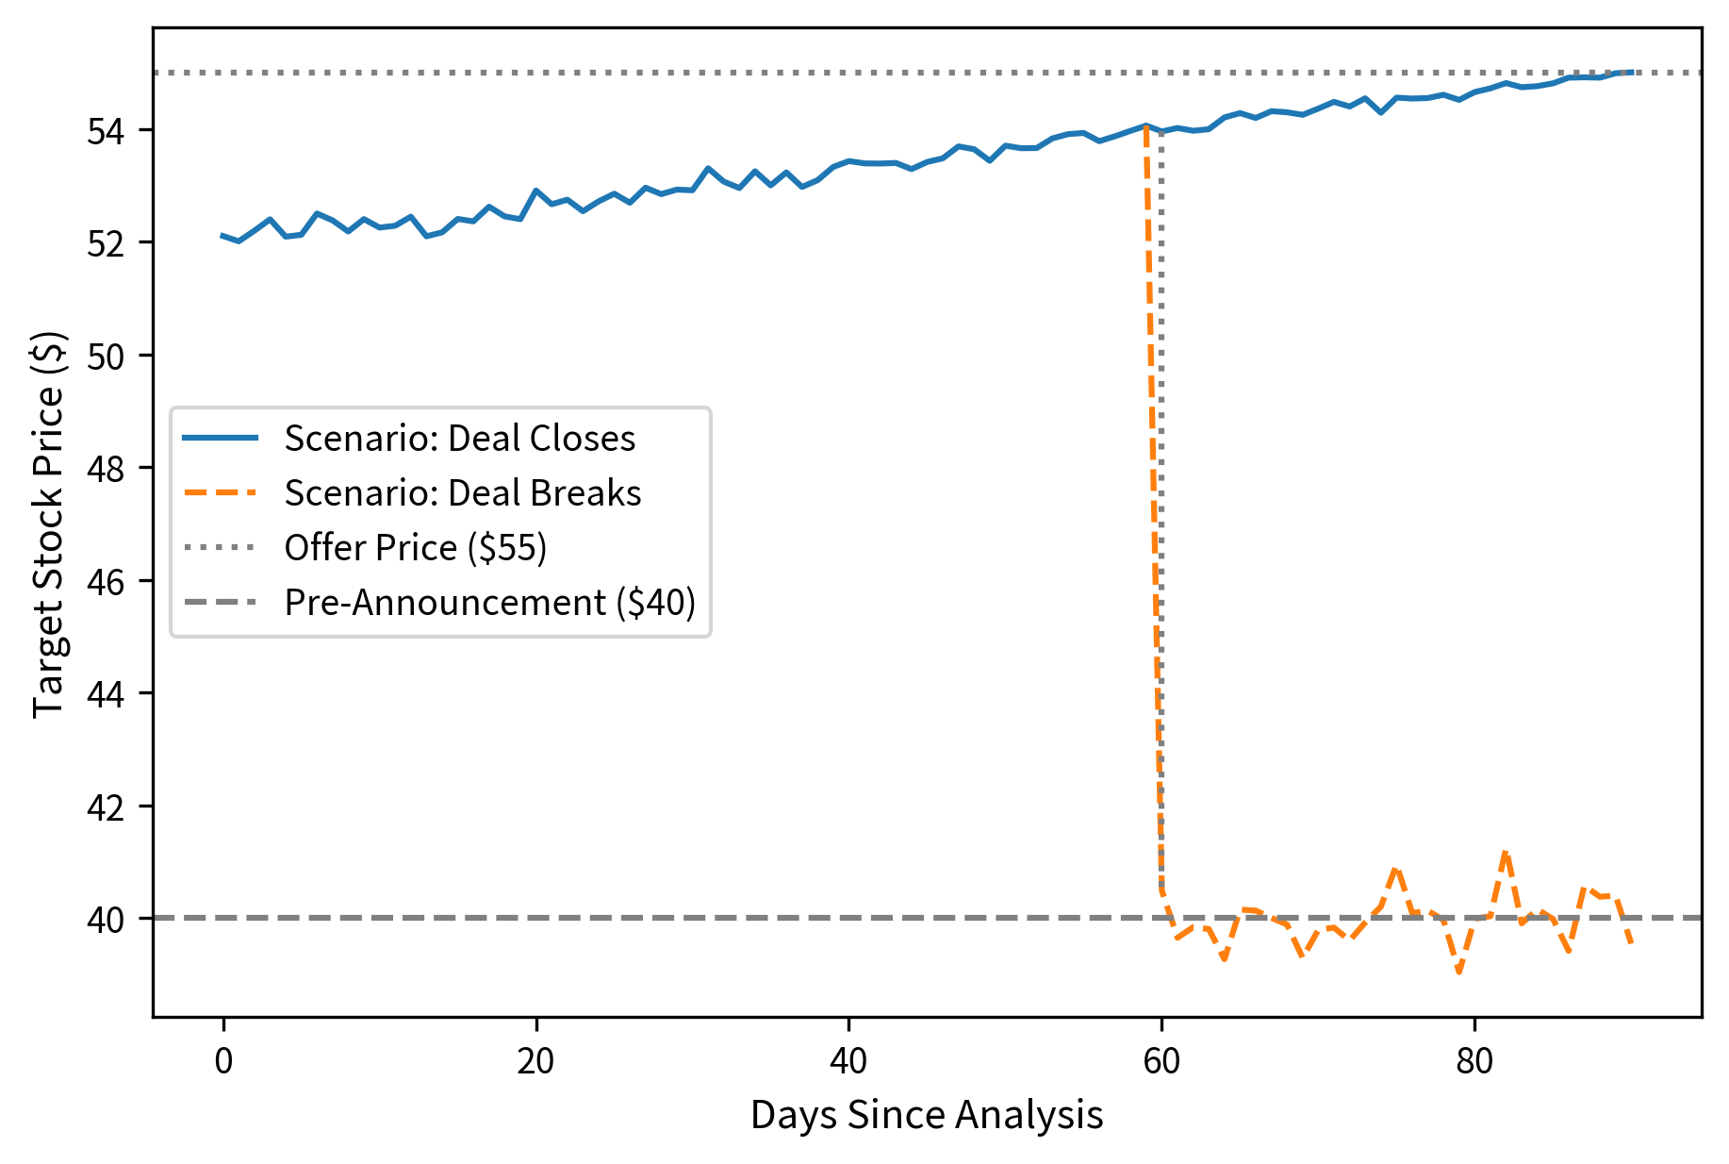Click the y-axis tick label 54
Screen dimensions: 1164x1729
(x=105, y=131)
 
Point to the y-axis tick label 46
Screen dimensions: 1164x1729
(x=105, y=582)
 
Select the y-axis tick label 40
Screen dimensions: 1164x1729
(x=105, y=920)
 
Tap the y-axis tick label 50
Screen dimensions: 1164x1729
(x=105, y=357)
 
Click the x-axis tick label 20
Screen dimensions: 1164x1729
(x=535, y=1062)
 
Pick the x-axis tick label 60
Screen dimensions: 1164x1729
(x=1161, y=1062)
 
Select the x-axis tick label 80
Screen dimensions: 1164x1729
(x=1474, y=1062)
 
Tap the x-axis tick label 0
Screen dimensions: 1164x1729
(x=223, y=1062)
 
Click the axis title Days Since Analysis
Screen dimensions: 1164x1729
(x=927, y=1116)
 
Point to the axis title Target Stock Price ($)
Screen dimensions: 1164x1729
(x=48, y=524)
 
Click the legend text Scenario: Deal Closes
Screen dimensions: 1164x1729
(x=460, y=439)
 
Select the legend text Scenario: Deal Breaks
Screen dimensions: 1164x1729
(x=463, y=493)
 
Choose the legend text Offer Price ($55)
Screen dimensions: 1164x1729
(x=416, y=548)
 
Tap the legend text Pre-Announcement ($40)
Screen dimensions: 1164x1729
(x=490, y=603)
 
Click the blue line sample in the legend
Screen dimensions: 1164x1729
(x=220, y=438)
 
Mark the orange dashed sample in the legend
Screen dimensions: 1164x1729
(x=220, y=492)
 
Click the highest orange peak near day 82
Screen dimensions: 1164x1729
(x=1506, y=852)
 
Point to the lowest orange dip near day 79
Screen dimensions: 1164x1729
(x=1459, y=972)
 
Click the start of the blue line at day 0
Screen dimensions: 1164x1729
(x=223, y=236)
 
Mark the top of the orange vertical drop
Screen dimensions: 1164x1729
(x=1145, y=126)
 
